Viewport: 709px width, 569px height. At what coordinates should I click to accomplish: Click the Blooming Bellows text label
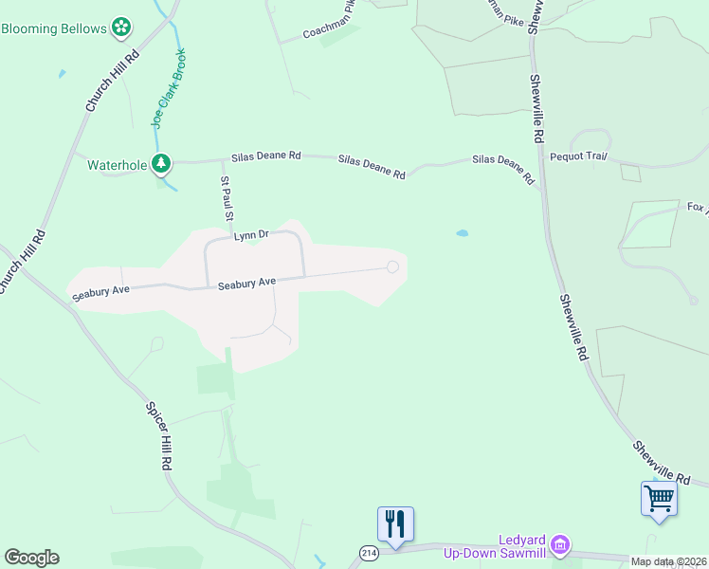point(54,28)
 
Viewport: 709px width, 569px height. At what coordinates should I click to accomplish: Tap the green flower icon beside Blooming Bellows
point(121,28)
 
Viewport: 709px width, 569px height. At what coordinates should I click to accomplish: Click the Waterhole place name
point(118,165)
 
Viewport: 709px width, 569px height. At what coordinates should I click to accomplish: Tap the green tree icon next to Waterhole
point(162,164)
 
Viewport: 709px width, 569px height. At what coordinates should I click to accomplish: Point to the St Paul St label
point(227,198)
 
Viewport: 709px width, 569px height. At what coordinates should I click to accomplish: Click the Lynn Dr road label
point(252,234)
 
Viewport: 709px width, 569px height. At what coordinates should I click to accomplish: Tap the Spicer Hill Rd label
point(158,437)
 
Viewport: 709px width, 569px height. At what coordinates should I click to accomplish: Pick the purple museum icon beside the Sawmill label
point(560,544)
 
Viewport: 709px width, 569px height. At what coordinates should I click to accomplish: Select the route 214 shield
point(369,552)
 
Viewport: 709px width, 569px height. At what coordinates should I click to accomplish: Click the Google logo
point(31,558)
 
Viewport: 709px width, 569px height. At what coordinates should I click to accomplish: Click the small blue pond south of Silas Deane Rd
point(463,232)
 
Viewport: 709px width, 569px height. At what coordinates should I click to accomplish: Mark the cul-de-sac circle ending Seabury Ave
point(392,266)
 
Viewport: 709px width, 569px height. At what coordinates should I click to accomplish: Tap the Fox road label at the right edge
point(697,208)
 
